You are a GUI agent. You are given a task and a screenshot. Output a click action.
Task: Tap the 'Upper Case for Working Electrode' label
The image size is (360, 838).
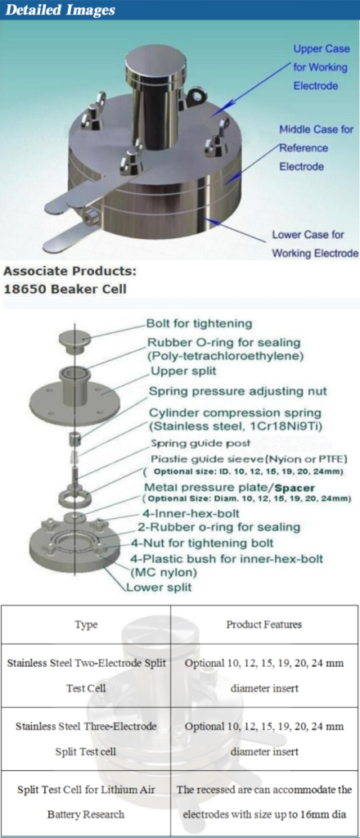[321, 67]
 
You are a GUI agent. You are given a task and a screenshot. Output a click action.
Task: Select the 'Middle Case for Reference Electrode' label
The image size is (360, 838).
[315, 148]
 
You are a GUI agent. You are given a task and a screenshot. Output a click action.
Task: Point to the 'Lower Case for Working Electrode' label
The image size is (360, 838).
[314, 244]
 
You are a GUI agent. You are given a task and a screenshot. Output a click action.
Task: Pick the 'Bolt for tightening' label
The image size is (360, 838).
[199, 323]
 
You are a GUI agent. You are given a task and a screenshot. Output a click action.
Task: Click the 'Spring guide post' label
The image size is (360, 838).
[192, 443]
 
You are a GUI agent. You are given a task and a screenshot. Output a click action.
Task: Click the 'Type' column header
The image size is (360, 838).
[86, 624]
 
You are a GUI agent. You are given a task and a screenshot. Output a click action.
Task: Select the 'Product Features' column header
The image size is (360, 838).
[264, 624]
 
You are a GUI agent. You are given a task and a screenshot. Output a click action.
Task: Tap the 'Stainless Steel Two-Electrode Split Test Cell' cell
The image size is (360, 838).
[86, 675]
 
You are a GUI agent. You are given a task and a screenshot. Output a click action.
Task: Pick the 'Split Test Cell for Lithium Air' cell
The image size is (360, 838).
[86, 802]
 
